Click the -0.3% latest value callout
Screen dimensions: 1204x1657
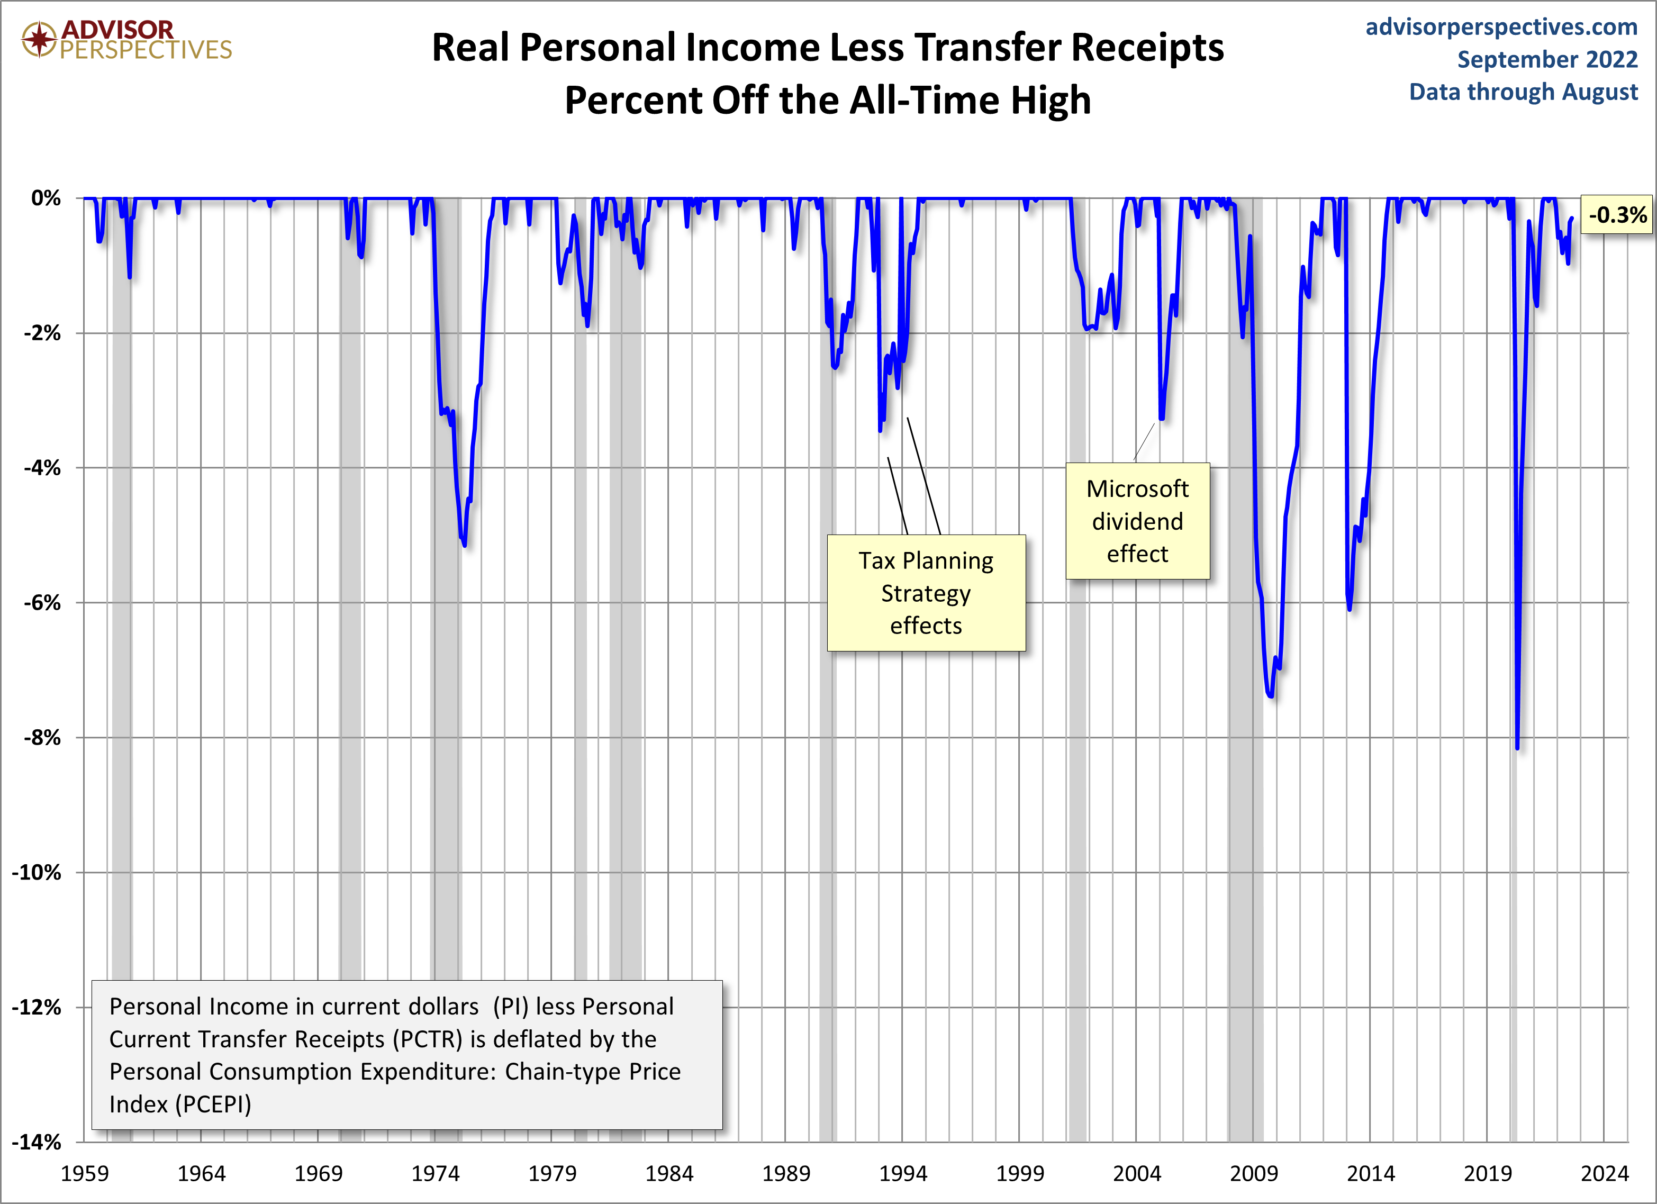click(x=1616, y=215)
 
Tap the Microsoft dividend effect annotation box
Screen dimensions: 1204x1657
click(x=1137, y=521)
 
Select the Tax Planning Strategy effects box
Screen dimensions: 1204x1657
click(x=926, y=593)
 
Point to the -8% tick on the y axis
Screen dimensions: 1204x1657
click(x=42, y=737)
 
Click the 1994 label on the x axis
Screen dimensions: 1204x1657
click(x=902, y=1173)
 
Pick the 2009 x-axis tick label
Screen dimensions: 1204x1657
click(x=1254, y=1173)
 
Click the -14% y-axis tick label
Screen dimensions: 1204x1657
click(x=37, y=1142)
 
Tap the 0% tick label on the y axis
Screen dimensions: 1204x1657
click(x=46, y=198)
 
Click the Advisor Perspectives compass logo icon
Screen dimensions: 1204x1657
click(x=39, y=39)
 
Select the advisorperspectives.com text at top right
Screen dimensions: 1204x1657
click(x=1501, y=27)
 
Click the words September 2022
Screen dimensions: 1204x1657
click(x=1547, y=59)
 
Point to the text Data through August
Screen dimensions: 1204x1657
click(x=1523, y=92)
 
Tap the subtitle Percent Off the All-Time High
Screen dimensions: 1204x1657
click(x=828, y=100)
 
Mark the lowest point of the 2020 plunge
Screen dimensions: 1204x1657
click(x=1517, y=747)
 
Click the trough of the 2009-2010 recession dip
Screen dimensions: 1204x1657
click(x=1271, y=695)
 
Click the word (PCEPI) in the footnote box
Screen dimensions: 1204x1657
click(x=216, y=1104)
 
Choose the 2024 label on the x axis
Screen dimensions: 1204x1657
click(x=1605, y=1173)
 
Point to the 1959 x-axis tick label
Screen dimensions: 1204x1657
click(x=85, y=1173)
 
